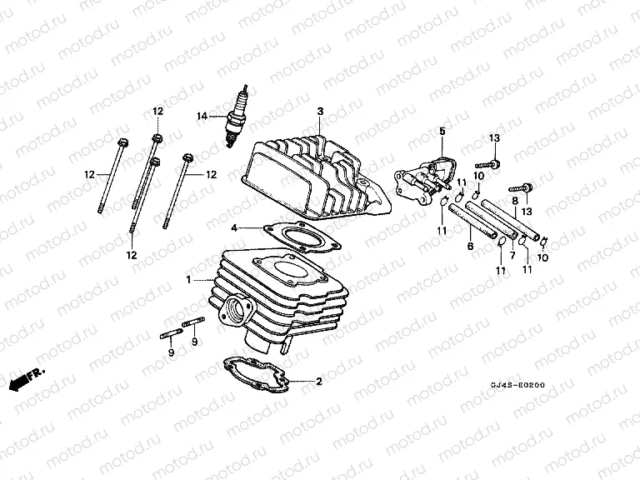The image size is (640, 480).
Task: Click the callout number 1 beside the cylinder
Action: coord(189,278)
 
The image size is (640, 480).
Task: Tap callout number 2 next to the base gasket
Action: coord(317,382)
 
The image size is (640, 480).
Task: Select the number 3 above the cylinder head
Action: coord(319,111)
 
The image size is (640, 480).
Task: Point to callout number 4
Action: coord(236,227)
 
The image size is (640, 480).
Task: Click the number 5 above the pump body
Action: coord(442,131)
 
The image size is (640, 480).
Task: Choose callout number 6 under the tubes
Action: coord(470,247)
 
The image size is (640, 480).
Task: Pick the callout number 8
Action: coord(516,202)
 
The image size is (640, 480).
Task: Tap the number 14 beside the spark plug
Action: coord(201,116)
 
